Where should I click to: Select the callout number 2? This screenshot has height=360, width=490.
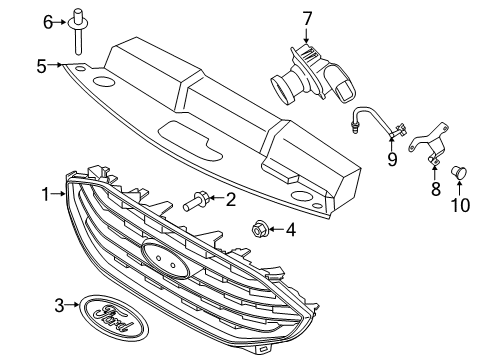(230, 200)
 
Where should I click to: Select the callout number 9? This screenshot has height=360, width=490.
(393, 158)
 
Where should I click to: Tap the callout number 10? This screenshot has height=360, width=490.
(461, 206)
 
